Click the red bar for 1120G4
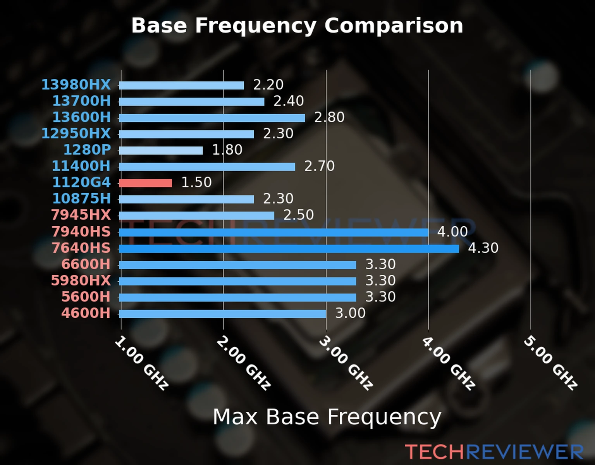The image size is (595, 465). coord(146,183)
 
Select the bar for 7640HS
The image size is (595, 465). coord(289,248)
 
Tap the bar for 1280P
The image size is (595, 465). coord(161,150)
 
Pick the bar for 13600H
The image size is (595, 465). coord(212,118)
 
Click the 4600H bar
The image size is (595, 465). coord(223,313)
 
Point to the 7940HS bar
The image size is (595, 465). coord(273,232)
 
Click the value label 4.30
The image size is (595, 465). coord(483,248)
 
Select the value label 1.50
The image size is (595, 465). coord(196,183)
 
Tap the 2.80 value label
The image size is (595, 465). coord(329,117)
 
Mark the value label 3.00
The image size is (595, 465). coord(350,313)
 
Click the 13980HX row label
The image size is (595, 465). coord(76,84)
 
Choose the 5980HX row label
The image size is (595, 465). coord(81,281)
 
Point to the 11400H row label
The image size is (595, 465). coord(81,166)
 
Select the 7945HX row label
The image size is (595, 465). coord(81,215)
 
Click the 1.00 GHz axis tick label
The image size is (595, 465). coord(142,363)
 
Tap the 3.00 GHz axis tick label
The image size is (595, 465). coord(346,363)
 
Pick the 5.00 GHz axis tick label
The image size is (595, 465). coord(550,363)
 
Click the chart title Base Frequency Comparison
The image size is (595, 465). coord(297,26)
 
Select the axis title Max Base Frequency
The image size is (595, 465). coord(327,417)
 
